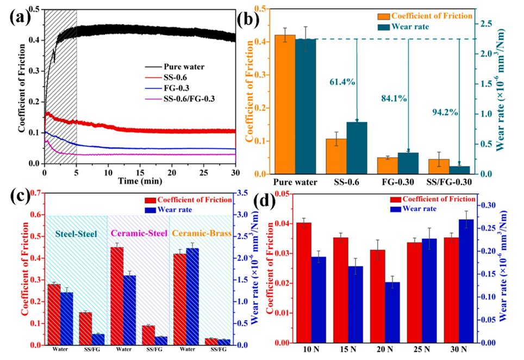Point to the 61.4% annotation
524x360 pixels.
(342, 82)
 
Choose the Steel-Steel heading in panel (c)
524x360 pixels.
(76, 235)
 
